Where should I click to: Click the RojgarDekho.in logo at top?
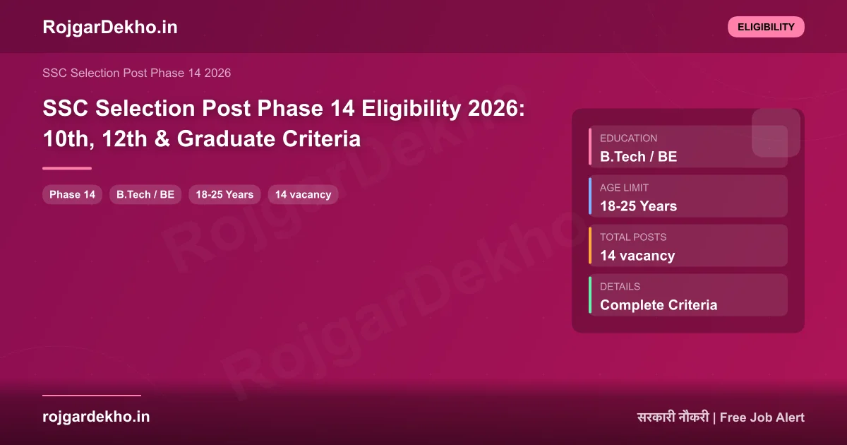110,27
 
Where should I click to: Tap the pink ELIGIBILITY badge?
766,27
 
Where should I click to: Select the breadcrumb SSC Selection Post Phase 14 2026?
136,73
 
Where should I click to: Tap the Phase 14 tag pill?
72,194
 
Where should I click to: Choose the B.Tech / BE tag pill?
145,194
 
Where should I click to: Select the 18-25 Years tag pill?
224,194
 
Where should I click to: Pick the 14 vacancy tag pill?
303,194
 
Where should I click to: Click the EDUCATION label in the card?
628,138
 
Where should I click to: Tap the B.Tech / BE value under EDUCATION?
638,157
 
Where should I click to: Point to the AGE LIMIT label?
624,188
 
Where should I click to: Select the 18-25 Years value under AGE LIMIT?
638,206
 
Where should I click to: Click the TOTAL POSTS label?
633,237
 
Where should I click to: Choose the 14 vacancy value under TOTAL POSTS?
637,256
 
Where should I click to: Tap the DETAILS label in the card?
620,287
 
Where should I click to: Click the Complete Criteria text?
659,305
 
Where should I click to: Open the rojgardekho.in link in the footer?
96,417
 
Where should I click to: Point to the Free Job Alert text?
762,417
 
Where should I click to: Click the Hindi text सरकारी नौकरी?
672,417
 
